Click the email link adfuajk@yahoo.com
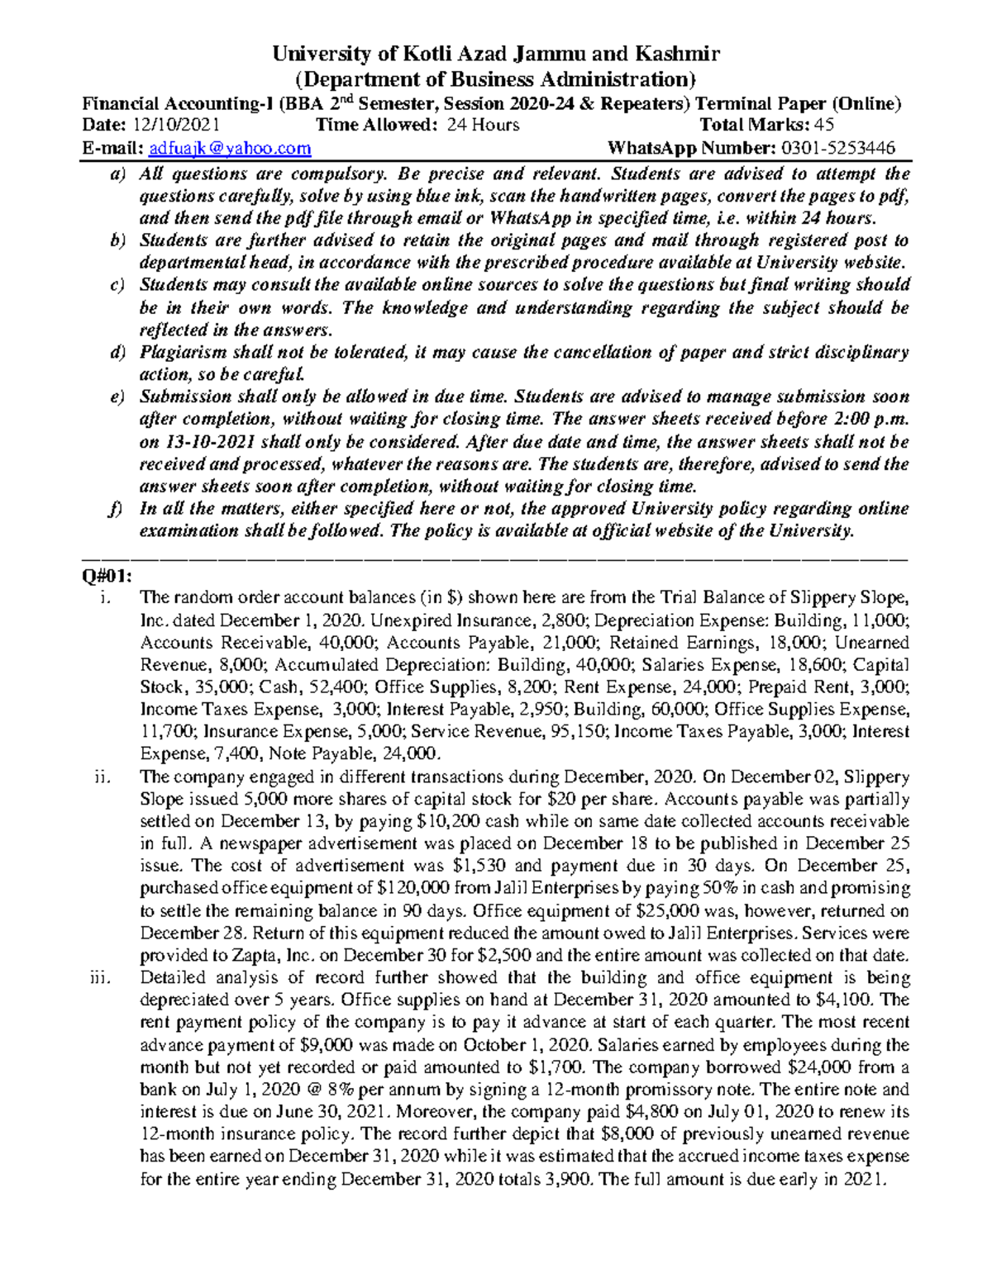230,148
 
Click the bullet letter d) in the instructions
117,353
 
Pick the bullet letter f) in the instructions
117,509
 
